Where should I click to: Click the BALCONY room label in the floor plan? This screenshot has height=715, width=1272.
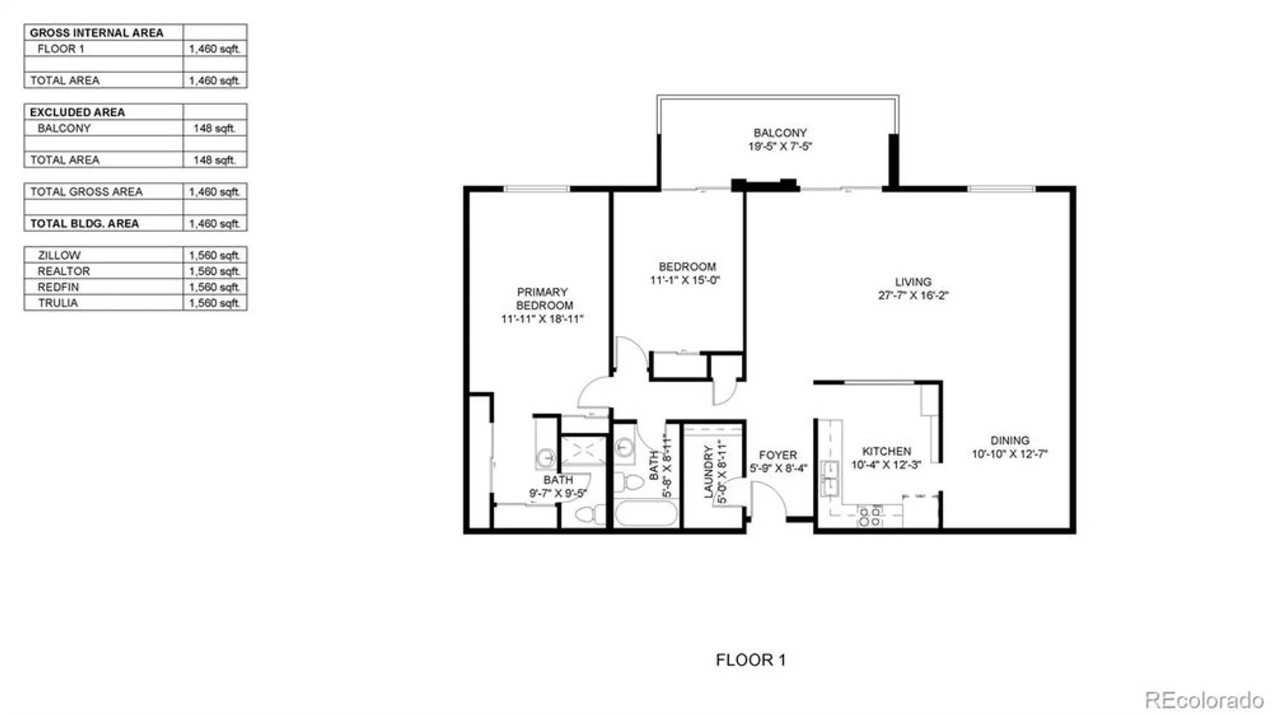click(x=780, y=133)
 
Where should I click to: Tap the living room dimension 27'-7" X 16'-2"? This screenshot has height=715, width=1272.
click(x=913, y=295)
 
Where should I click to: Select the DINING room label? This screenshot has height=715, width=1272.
click(x=1009, y=440)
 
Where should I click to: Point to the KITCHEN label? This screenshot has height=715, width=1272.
click(x=886, y=451)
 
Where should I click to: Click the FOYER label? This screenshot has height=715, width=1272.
click(x=777, y=455)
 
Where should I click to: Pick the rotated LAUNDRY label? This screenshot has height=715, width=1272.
click(x=709, y=471)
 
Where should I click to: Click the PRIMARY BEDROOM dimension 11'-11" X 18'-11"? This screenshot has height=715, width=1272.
click(x=542, y=319)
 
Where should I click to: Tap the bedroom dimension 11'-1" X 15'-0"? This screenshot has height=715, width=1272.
click(x=685, y=280)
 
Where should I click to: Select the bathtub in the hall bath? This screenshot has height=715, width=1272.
click(x=646, y=513)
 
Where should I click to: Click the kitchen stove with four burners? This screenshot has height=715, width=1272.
click(x=869, y=516)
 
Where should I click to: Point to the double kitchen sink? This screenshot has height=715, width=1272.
click(x=831, y=478)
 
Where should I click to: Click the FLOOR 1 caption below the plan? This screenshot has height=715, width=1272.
click(x=750, y=660)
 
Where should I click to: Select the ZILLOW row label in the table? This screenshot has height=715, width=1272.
click(x=59, y=255)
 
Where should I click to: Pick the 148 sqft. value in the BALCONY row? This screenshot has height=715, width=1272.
click(x=214, y=128)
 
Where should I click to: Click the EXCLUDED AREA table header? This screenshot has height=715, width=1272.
click(x=78, y=112)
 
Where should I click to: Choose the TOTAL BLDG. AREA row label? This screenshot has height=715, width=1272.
click(x=85, y=224)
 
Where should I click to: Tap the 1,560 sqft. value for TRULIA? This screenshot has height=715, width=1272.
click(x=214, y=303)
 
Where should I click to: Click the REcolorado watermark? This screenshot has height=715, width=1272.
click(x=1203, y=700)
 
